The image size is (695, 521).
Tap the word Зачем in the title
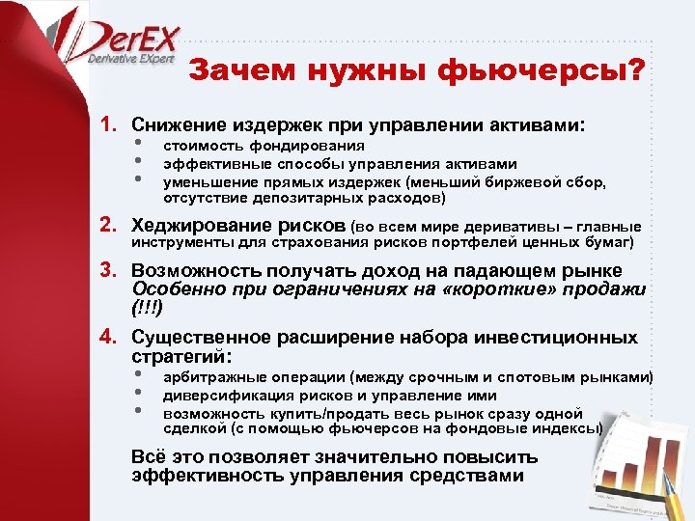pyautogui.click(x=235, y=71)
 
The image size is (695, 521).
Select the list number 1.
pyautogui.click(x=109, y=125)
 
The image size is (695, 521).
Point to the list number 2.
pyautogui.click(x=109, y=226)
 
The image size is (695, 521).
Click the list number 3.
pyautogui.click(x=109, y=271)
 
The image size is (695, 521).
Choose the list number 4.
pyautogui.click(x=109, y=338)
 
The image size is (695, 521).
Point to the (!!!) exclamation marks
pyautogui.click(x=147, y=309)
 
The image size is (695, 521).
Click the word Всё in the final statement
pyautogui.click(x=148, y=457)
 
